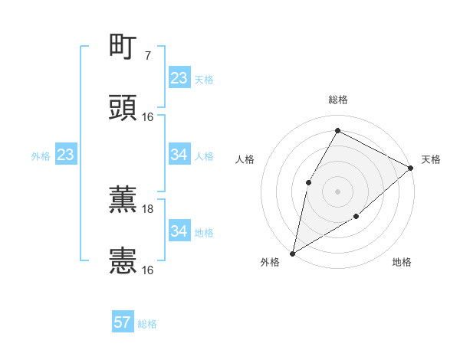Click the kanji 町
[x=123, y=47]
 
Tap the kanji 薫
[x=123, y=201]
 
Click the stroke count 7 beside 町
[x=147, y=56]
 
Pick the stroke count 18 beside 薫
[x=148, y=209]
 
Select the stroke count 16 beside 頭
[x=148, y=117]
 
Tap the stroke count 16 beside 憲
[x=148, y=270]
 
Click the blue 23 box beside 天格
[x=179, y=78]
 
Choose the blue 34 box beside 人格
[x=179, y=155]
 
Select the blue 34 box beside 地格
[x=179, y=231]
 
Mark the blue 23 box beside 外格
[x=65, y=155]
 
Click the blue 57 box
[x=123, y=322]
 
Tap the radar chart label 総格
[x=337, y=100]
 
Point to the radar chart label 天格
[x=431, y=159]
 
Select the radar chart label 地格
[x=402, y=262]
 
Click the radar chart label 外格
[x=270, y=262]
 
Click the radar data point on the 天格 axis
[x=410, y=168]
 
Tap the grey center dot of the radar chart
[x=337, y=191]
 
